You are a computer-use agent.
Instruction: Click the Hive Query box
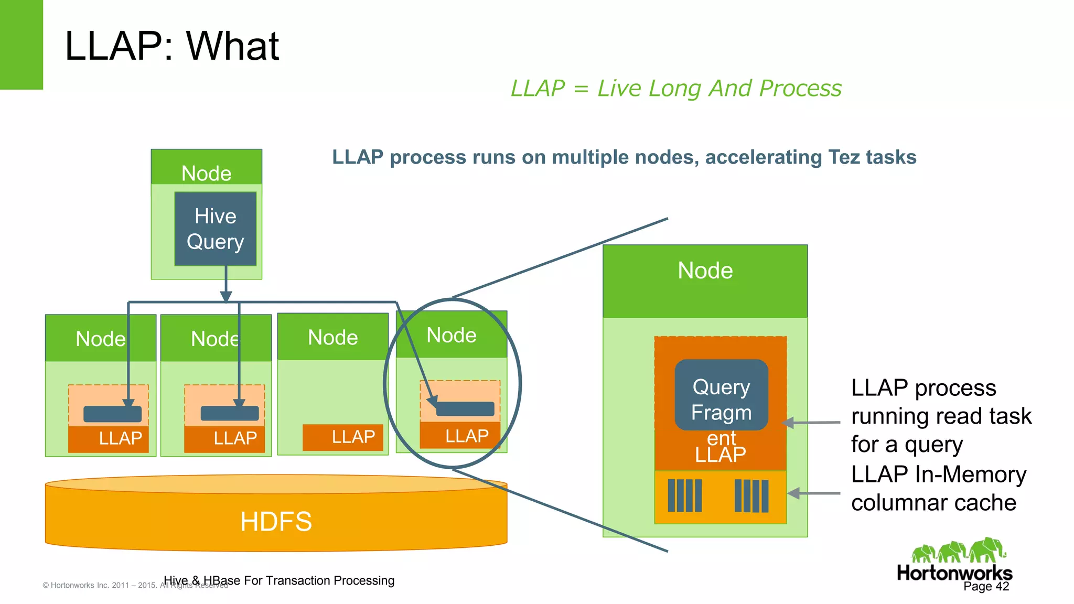(215, 229)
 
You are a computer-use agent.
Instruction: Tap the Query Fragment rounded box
(721, 395)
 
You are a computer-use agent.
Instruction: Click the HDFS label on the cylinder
(276, 522)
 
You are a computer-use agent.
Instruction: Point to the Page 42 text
(986, 586)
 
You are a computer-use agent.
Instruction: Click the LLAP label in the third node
(353, 437)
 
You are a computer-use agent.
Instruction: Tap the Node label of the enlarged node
(705, 271)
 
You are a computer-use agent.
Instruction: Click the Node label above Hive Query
(206, 174)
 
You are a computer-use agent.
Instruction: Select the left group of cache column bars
(684, 495)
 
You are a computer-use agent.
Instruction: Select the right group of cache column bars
(751, 495)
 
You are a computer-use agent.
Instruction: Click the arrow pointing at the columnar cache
(813, 493)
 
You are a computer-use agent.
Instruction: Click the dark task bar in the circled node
(465, 409)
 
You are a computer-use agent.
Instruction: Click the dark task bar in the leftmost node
(112, 414)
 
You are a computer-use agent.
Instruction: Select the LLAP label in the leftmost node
(120, 438)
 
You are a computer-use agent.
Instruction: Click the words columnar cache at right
(933, 503)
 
